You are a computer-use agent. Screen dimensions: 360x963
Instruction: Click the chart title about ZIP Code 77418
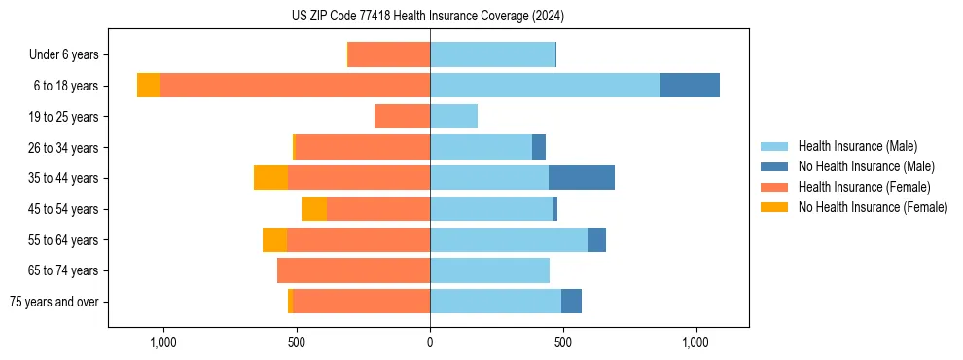point(428,16)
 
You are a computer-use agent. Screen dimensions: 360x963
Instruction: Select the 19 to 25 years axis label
point(63,117)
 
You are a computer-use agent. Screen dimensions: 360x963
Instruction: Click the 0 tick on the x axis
point(430,342)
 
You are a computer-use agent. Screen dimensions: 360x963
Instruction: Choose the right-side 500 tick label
point(562,342)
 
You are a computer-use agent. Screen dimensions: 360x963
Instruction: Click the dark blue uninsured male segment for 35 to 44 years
point(582,178)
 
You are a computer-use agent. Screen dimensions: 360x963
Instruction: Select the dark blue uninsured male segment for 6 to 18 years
point(690,86)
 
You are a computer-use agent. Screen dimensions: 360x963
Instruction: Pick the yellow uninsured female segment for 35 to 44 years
point(270,178)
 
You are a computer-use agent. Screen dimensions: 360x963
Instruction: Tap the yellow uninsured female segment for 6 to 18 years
point(148,86)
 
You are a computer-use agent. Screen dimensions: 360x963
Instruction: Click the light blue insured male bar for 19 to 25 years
point(453,117)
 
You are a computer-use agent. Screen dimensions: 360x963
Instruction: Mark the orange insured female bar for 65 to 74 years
point(353,270)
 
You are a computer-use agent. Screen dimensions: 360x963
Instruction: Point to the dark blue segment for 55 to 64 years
point(596,239)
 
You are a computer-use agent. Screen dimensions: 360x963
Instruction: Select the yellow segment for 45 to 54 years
point(314,209)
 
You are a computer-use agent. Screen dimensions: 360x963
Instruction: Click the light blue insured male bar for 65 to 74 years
point(489,270)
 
